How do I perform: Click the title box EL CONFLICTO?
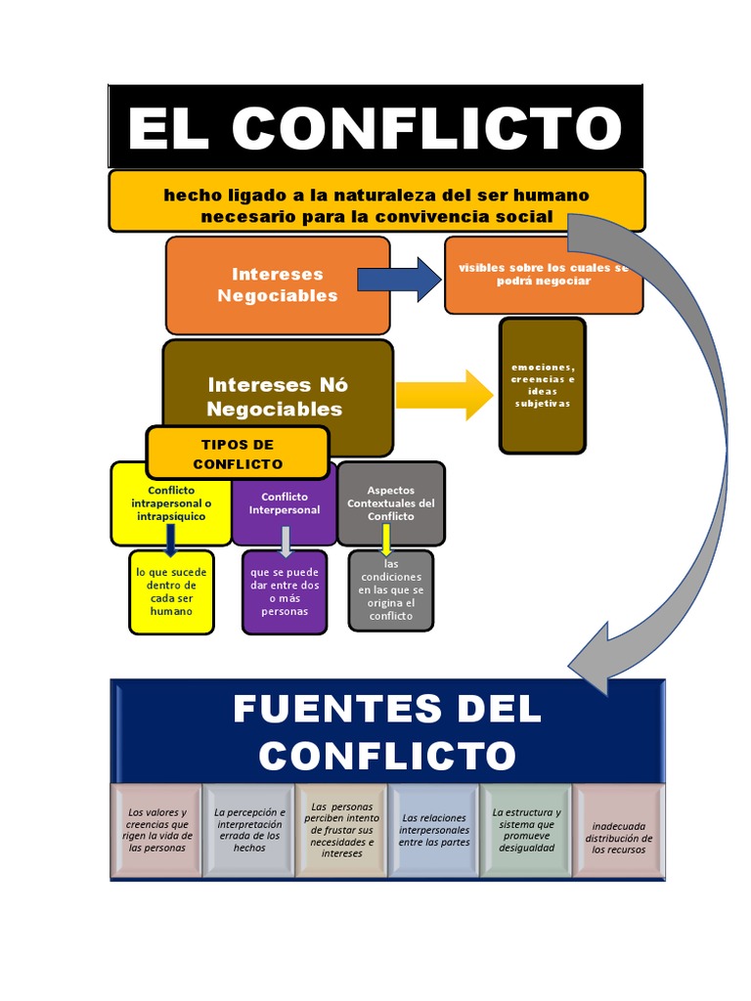pyautogui.click(x=375, y=126)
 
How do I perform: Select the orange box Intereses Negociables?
pyautogui.click(x=278, y=285)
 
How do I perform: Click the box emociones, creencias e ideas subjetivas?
pyautogui.click(x=543, y=386)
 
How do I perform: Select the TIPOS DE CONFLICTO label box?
pyautogui.click(x=238, y=454)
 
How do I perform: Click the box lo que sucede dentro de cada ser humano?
pyautogui.click(x=171, y=592)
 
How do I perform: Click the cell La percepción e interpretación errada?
pyautogui.click(x=249, y=831)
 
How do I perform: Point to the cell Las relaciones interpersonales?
pyautogui.click(x=434, y=831)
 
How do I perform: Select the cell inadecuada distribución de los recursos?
pyautogui.click(x=619, y=831)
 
